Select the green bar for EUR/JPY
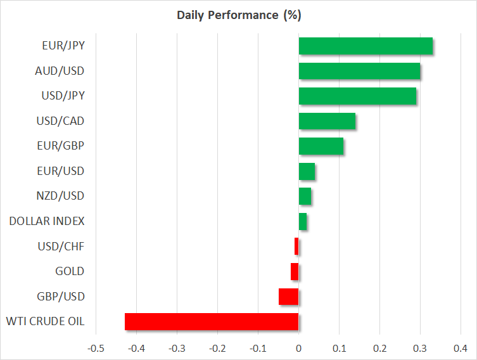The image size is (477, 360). [366, 46]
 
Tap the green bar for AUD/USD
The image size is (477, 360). [359, 71]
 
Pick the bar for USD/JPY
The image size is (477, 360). [357, 96]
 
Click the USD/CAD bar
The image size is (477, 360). [327, 121]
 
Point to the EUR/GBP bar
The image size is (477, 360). [321, 146]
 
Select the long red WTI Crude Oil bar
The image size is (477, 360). [212, 321]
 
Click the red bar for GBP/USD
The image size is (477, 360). [288, 297]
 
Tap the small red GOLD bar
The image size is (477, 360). [295, 271]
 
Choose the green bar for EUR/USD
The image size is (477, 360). [307, 171]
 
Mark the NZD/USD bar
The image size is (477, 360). [305, 196]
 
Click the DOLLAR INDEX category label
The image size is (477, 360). [47, 221]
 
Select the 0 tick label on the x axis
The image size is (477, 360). [298, 348]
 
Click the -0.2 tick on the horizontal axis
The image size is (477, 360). [217, 348]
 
